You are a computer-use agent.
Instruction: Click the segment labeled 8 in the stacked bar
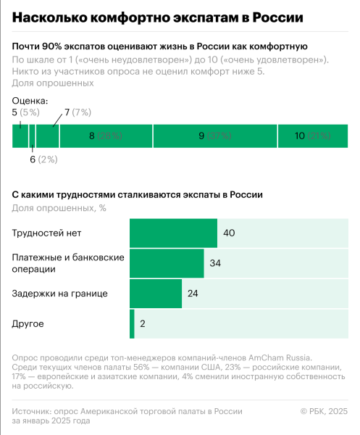(x=106, y=136)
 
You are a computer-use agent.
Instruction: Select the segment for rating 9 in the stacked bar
(x=215, y=136)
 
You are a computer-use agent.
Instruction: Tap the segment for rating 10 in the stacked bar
(x=312, y=136)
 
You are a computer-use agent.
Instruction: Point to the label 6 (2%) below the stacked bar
(x=43, y=159)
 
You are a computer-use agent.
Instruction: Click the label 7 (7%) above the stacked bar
(x=78, y=112)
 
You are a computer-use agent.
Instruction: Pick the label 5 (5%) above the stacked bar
(x=25, y=112)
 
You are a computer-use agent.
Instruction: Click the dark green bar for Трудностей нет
(x=173, y=233)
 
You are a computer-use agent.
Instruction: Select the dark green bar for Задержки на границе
(x=155, y=294)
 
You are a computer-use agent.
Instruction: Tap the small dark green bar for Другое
(x=132, y=323)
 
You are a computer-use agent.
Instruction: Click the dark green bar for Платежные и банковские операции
(x=167, y=263)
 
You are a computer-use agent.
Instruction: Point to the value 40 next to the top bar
(x=230, y=233)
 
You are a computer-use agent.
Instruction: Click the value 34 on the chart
(x=215, y=263)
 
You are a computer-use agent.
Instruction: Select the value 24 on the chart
(x=193, y=294)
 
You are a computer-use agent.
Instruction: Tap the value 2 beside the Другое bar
(x=143, y=323)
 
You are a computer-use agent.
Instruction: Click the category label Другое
(x=29, y=323)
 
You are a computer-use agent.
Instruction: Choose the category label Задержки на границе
(x=60, y=294)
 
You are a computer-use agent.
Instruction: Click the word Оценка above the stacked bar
(x=30, y=101)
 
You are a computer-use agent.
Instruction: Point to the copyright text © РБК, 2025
(x=324, y=411)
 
